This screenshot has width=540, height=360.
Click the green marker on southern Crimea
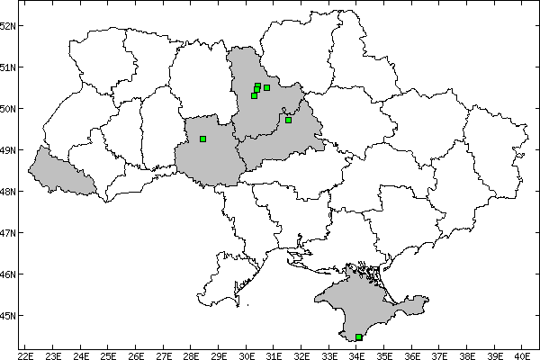pyautogui.click(x=359, y=337)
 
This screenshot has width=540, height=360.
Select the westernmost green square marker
pyautogui.click(x=203, y=139)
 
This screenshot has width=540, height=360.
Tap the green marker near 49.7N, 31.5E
pyautogui.click(x=288, y=120)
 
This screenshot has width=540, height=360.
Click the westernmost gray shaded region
pyautogui.click(x=58, y=171)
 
